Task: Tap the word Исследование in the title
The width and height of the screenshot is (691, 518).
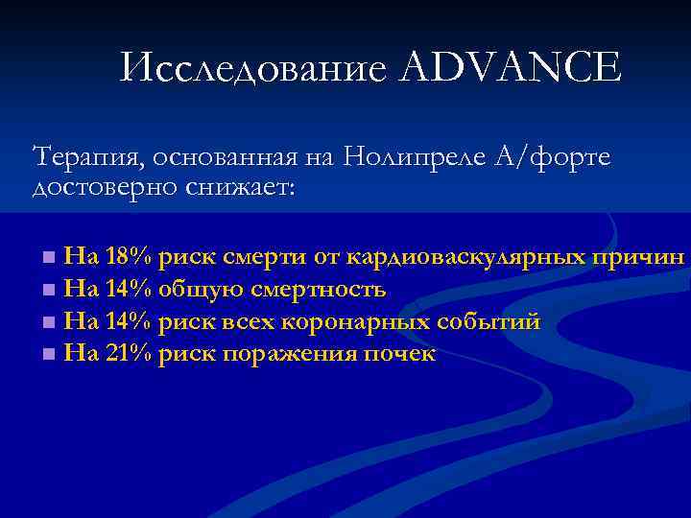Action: [254, 69]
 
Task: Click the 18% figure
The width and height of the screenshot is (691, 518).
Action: [129, 256]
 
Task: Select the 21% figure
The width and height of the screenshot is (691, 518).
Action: [129, 354]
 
